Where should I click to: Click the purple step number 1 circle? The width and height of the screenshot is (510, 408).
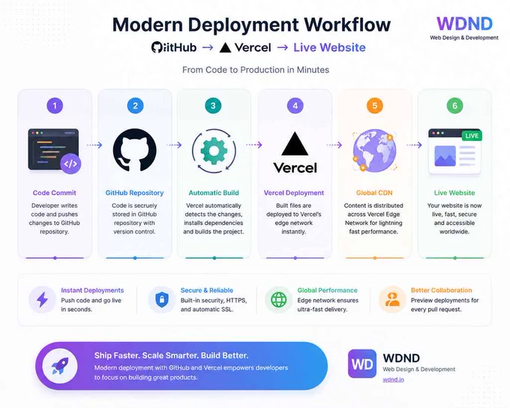[55, 106]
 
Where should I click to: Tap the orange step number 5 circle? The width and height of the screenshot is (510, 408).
[375, 106]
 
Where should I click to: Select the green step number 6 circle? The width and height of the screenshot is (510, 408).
[454, 106]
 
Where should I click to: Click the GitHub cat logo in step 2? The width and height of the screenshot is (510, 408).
[135, 150]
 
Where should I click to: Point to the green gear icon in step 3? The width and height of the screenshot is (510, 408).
[214, 151]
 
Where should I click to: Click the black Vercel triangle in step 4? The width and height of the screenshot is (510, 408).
[295, 143]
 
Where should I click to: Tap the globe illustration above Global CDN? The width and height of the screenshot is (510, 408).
[375, 150]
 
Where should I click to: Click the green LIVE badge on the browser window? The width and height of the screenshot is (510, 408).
[472, 136]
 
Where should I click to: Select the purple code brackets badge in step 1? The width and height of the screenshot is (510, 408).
[70, 163]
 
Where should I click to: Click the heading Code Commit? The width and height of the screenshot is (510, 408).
[54, 193]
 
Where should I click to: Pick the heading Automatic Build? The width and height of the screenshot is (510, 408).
[214, 193]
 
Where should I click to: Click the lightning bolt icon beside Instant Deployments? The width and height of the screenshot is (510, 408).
[42, 299]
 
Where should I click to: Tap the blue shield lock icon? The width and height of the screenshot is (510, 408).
[162, 299]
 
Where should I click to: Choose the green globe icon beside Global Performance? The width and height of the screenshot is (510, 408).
[279, 299]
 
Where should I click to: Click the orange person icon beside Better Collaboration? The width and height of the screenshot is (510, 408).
[392, 299]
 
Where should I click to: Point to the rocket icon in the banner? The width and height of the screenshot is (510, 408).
[60, 366]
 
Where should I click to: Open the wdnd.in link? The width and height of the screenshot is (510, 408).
[393, 379]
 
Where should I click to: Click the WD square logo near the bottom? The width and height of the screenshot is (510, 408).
[362, 364]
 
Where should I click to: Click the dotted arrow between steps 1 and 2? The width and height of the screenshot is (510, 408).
[94, 145]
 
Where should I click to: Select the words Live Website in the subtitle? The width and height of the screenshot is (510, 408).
[329, 47]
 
